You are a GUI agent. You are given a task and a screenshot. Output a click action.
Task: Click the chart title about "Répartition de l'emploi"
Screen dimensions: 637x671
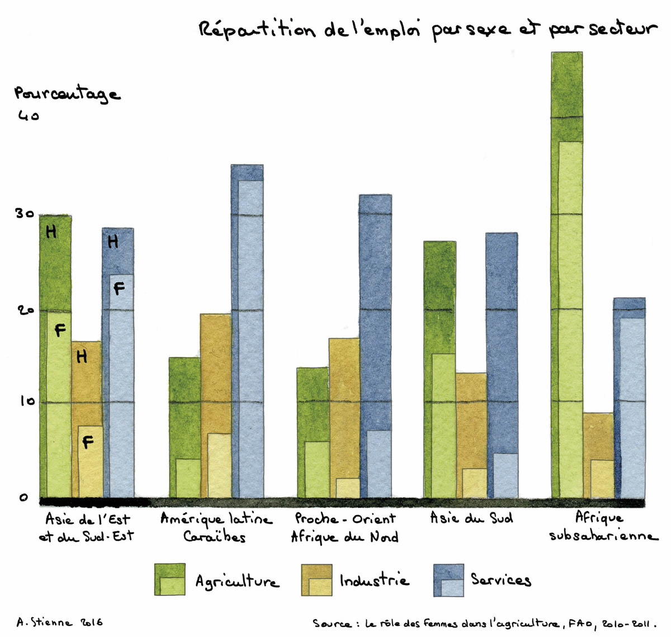(x=428, y=29)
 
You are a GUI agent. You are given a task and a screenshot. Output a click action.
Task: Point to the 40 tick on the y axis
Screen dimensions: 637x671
(x=28, y=116)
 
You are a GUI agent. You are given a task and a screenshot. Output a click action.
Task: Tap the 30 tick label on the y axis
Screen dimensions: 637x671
(x=24, y=214)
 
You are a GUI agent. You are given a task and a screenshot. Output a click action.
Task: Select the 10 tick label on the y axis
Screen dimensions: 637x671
(x=26, y=401)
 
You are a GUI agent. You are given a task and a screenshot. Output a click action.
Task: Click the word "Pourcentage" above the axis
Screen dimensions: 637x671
(x=67, y=94)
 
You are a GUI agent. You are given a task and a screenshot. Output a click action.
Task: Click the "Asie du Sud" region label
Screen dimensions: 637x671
(x=471, y=518)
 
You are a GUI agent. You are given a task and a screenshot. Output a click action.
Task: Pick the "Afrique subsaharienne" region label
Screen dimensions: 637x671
(x=603, y=526)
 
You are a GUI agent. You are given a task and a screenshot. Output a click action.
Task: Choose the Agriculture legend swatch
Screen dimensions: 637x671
(x=170, y=579)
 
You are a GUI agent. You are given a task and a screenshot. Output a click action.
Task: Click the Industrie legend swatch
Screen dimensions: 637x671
(x=316, y=579)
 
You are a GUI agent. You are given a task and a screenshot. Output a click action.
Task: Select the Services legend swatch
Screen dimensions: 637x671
(x=448, y=579)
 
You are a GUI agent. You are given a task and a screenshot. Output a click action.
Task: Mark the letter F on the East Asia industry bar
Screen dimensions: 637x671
(x=88, y=442)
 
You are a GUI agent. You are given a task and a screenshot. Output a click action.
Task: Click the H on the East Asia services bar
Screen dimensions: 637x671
(x=113, y=241)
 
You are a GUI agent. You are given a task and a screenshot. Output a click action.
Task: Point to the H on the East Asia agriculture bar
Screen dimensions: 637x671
(x=51, y=231)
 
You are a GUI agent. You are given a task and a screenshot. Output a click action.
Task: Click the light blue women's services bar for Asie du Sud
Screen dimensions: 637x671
(x=505, y=475)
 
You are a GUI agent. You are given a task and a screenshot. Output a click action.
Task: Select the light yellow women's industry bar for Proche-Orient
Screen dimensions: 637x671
(x=348, y=488)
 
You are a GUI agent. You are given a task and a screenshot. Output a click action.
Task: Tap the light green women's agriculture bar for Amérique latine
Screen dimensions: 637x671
(x=188, y=478)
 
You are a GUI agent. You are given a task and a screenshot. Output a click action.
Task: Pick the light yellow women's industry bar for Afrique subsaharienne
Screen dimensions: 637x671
(x=602, y=479)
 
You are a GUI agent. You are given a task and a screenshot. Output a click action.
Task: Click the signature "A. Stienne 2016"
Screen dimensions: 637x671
(x=59, y=622)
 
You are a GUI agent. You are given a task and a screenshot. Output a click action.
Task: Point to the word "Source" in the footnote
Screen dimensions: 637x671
(x=332, y=624)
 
